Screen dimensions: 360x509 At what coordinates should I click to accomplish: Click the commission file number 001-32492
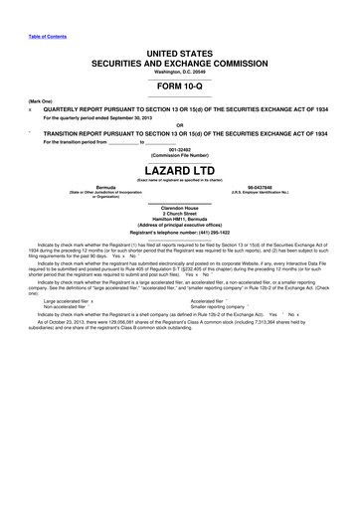(x=180, y=147)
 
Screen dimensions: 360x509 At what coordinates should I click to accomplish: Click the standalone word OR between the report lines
(x=180, y=124)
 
